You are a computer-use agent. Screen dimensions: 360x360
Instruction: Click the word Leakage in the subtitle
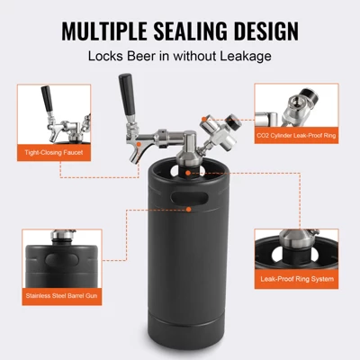241,57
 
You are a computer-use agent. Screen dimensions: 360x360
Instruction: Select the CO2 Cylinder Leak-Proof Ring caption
294,136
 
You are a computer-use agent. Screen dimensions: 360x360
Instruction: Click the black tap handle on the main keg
125,94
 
